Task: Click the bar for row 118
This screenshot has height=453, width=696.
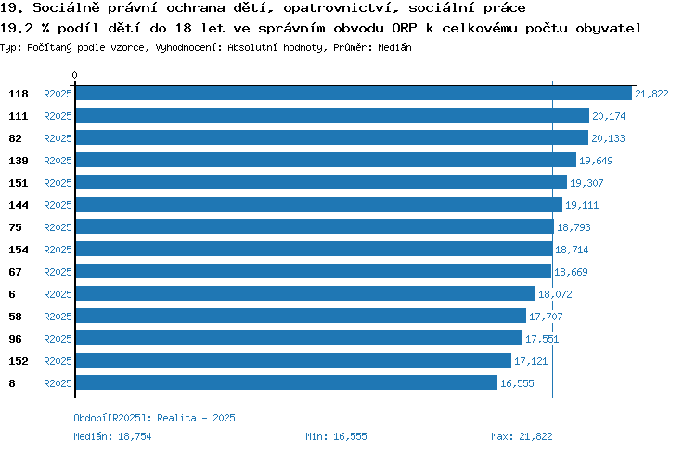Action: tap(354, 93)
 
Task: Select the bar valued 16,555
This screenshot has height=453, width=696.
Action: tap(287, 382)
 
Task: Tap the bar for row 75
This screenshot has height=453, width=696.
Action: tap(315, 226)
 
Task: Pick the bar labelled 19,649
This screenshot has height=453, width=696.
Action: tap(326, 160)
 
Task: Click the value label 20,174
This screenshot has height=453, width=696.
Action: tap(609, 116)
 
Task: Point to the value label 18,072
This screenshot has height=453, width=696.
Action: tap(555, 294)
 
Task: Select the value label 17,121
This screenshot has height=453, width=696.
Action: tap(531, 361)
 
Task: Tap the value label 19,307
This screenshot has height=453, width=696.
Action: tap(586, 183)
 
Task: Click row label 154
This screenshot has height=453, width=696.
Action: tap(19, 250)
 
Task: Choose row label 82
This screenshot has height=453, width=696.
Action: tap(15, 138)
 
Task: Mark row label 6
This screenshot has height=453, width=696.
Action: tap(12, 294)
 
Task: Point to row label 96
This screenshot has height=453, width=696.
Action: tap(15, 339)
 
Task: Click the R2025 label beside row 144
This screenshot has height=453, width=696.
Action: tap(58, 205)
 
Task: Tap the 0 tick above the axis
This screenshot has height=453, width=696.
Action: tap(74, 75)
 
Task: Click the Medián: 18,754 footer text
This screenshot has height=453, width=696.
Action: tap(112, 436)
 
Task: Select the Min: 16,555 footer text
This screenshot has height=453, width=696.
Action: tap(336, 436)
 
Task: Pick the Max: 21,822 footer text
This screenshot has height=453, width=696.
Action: tap(522, 436)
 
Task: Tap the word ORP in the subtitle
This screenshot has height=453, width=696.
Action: tap(405, 29)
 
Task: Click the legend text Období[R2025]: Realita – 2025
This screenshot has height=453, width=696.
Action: tap(154, 418)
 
